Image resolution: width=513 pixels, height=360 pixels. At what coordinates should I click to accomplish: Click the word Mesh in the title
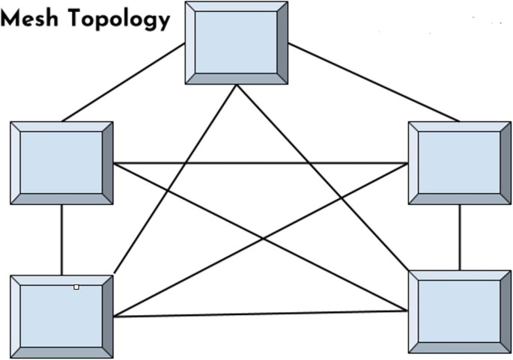pyautogui.click(x=31, y=19)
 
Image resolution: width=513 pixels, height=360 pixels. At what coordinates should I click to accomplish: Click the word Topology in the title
pyautogui.click(x=120, y=20)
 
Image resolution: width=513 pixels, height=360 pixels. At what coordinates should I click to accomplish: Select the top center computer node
pyautogui.click(x=236, y=43)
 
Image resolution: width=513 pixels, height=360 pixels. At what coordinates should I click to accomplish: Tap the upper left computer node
pyautogui.click(x=61, y=162)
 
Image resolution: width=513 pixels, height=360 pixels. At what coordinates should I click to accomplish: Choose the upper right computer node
pyautogui.click(x=459, y=162)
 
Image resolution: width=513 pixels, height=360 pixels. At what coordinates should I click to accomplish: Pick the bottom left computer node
pyautogui.click(x=61, y=317)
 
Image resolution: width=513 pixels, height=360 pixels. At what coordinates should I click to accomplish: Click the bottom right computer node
pyautogui.click(x=459, y=311)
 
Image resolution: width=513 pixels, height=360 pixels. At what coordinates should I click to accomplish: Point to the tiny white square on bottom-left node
pyautogui.click(x=76, y=287)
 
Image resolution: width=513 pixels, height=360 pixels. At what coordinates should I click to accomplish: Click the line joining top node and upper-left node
pyautogui.click(x=124, y=82)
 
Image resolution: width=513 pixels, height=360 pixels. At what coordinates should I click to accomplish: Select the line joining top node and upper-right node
pyautogui.click(x=373, y=82)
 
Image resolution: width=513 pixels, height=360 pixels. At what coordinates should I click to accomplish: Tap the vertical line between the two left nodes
pyautogui.click(x=61, y=240)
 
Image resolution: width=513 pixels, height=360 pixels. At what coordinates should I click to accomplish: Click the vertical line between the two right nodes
pyautogui.click(x=459, y=237)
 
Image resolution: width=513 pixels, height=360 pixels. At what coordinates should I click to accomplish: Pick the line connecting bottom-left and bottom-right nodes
pyautogui.click(x=261, y=314)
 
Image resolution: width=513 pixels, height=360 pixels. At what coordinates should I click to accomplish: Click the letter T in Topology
pyautogui.click(x=76, y=19)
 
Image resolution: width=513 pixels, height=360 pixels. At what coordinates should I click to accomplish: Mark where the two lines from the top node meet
pyautogui.click(x=237, y=86)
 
